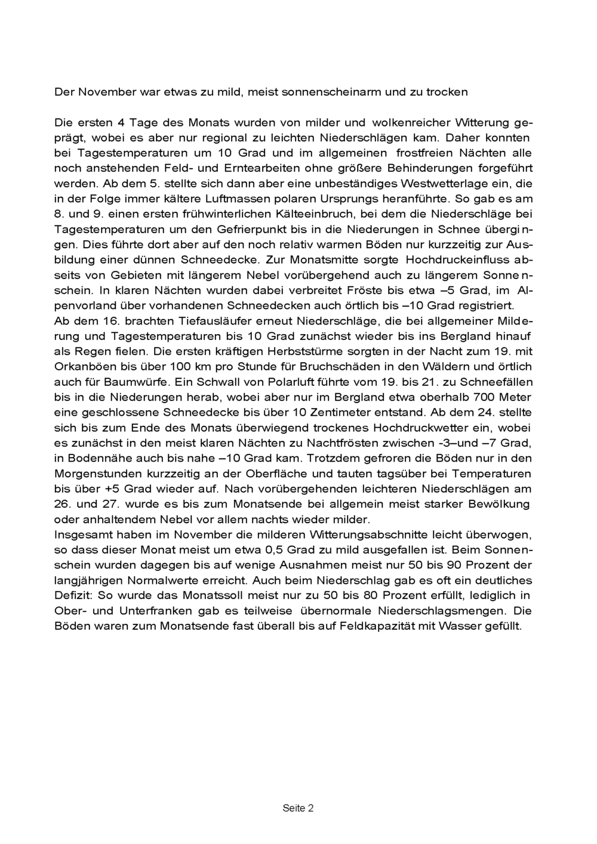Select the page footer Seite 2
(298, 808)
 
